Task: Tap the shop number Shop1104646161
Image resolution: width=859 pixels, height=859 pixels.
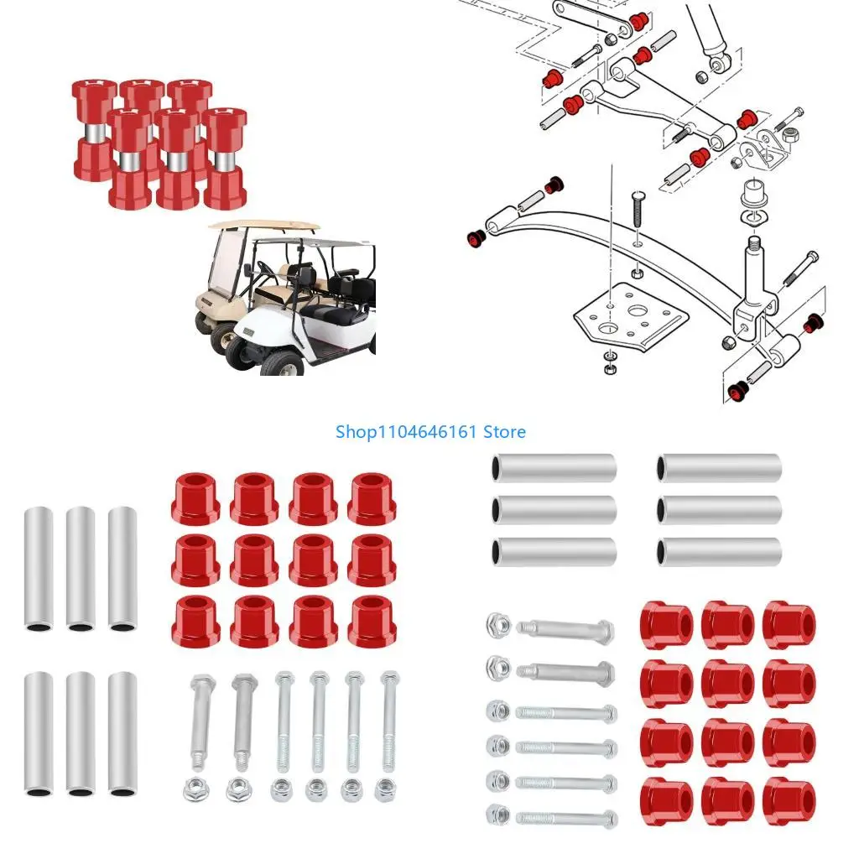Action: tap(408, 432)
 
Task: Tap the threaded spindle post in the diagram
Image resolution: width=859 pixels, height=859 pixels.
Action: tap(753, 268)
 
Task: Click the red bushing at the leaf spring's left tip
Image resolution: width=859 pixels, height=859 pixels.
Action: tap(476, 238)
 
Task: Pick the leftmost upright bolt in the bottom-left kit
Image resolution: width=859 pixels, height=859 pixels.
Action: tap(199, 721)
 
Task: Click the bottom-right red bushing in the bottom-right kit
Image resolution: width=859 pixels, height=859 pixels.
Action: tap(789, 801)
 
